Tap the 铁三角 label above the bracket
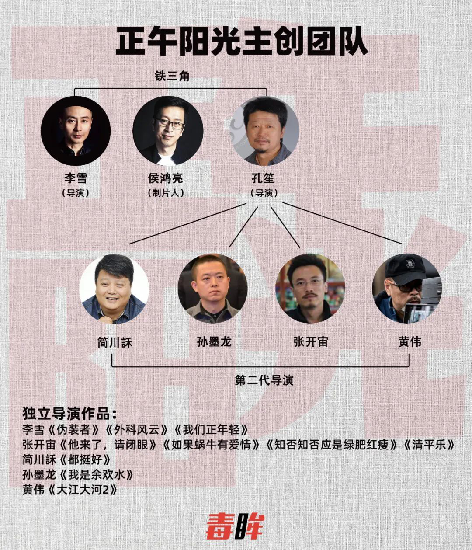(x=172, y=76)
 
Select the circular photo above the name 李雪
(x=76, y=131)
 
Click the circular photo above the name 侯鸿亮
(x=168, y=131)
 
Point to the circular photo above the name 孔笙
(x=264, y=131)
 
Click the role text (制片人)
(x=166, y=193)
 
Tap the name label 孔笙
(x=263, y=178)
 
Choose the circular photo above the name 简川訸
(x=114, y=289)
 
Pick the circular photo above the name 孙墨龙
(x=212, y=289)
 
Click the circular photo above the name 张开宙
(x=310, y=289)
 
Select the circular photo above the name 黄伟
(x=407, y=289)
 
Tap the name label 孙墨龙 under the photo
(x=214, y=342)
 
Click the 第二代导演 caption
(x=264, y=380)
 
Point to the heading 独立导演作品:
(x=70, y=414)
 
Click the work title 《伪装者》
(x=73, y=429)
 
